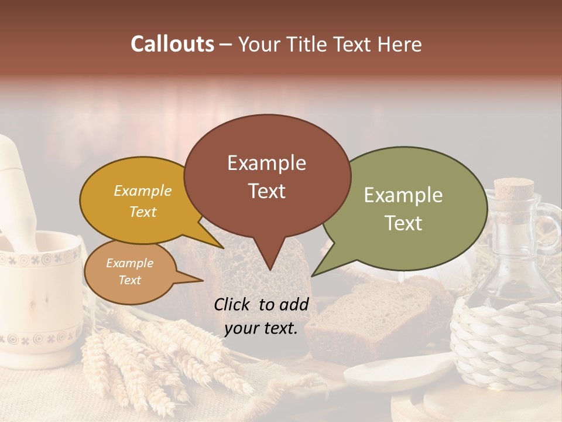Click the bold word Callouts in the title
coord(172,44)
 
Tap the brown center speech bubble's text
coord(266,176)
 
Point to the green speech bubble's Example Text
coord(403,209)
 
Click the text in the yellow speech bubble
coord(142,201)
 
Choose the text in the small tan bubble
coord(129,271)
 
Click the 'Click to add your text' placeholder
coord(261,316)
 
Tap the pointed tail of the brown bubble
coord(269,268)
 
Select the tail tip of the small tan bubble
coord(201,280)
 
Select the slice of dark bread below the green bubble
coord(369,316)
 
